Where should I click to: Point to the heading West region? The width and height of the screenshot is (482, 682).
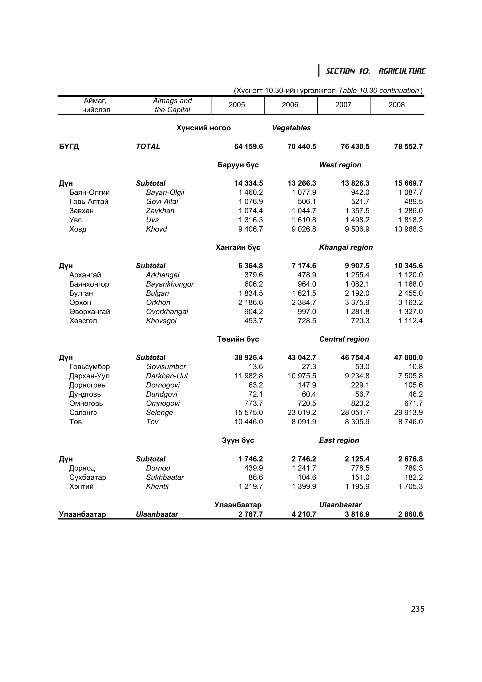pyautogui.click(x=340, y=165)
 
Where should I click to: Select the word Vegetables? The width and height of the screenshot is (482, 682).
pyautogui.click(x=291, y=128)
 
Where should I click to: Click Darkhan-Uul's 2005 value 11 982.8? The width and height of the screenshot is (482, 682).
pyautogui.click(x=249, y=376)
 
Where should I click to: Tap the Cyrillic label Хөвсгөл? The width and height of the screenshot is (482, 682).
pyautogui.click(x=83, y=321)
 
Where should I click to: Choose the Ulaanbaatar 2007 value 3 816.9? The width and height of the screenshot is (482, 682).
pyautogui.click(x=357, y=514)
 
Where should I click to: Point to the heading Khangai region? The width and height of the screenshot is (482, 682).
pyautogui.click(x=346, y=247)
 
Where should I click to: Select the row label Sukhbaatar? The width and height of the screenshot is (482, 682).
pyautogui.click(x=165, y=477)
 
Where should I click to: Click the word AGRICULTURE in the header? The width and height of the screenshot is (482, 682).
pyautogui.click(x=402, y=71)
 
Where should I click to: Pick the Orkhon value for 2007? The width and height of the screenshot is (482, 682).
pyautogui.click(x=357, y=302)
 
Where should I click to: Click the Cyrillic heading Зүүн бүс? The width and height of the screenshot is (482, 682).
pyautogui.click(x=238, y=440)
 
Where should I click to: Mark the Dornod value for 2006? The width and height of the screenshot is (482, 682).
pyautogui.click(x=304, y=468)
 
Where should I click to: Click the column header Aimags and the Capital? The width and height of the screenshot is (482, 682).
pyautogui.click(x=172, y=105)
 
